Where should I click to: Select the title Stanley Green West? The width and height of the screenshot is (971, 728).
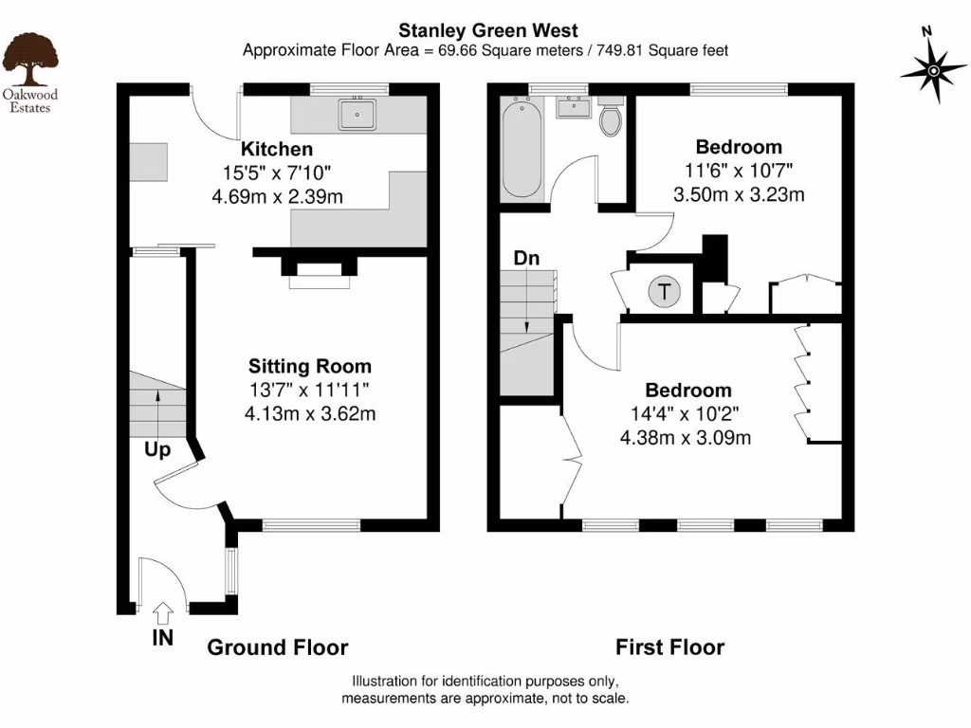(486, 31)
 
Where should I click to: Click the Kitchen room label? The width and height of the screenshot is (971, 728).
(277, 149)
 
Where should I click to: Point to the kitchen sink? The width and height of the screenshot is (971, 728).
(357, 115)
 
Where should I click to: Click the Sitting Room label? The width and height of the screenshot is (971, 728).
(310, 366)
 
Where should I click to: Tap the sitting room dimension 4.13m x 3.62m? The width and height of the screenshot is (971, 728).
(310, 413)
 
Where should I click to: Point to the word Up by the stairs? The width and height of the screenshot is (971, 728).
(157, 449)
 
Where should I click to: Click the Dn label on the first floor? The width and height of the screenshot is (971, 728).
(527, 257)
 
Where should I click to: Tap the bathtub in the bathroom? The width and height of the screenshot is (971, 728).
(522, 149)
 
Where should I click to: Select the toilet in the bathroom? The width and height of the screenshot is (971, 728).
(612, 118)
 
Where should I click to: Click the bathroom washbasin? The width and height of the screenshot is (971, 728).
(572, 109)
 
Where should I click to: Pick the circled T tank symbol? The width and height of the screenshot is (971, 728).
(665, 292)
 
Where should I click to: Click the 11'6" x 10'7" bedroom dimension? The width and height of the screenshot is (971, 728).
(739, 172)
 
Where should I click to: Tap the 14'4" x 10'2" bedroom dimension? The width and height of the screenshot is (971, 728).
(685, 414)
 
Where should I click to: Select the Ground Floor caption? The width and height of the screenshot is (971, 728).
(278, 647)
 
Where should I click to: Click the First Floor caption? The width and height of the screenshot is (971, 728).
(669, 647)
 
